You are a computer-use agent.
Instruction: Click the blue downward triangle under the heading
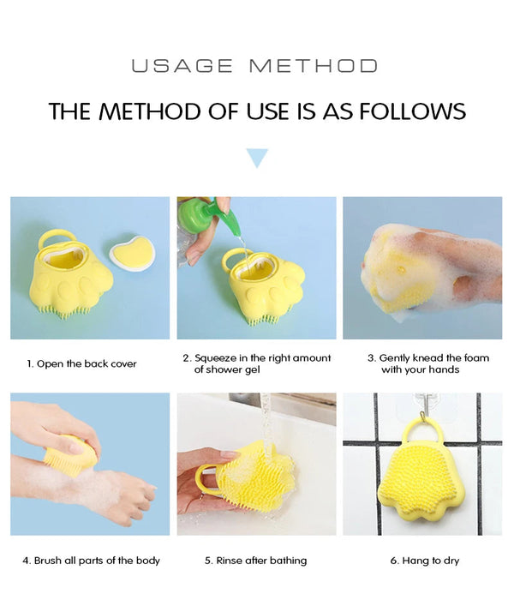pyautogui.click(x=257, y=158)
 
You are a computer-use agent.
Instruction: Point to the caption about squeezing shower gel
pyautogui.click(x=256, y=363)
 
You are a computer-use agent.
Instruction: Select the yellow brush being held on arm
pyautogui.click(x=72, y=453)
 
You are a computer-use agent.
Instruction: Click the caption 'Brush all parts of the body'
pyautogui.click(x=91, y=561)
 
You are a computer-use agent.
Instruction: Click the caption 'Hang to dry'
pyautogui.click(x=425, y=561)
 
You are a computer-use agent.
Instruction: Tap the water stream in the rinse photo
pyautogui.click(x=267, y=420)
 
